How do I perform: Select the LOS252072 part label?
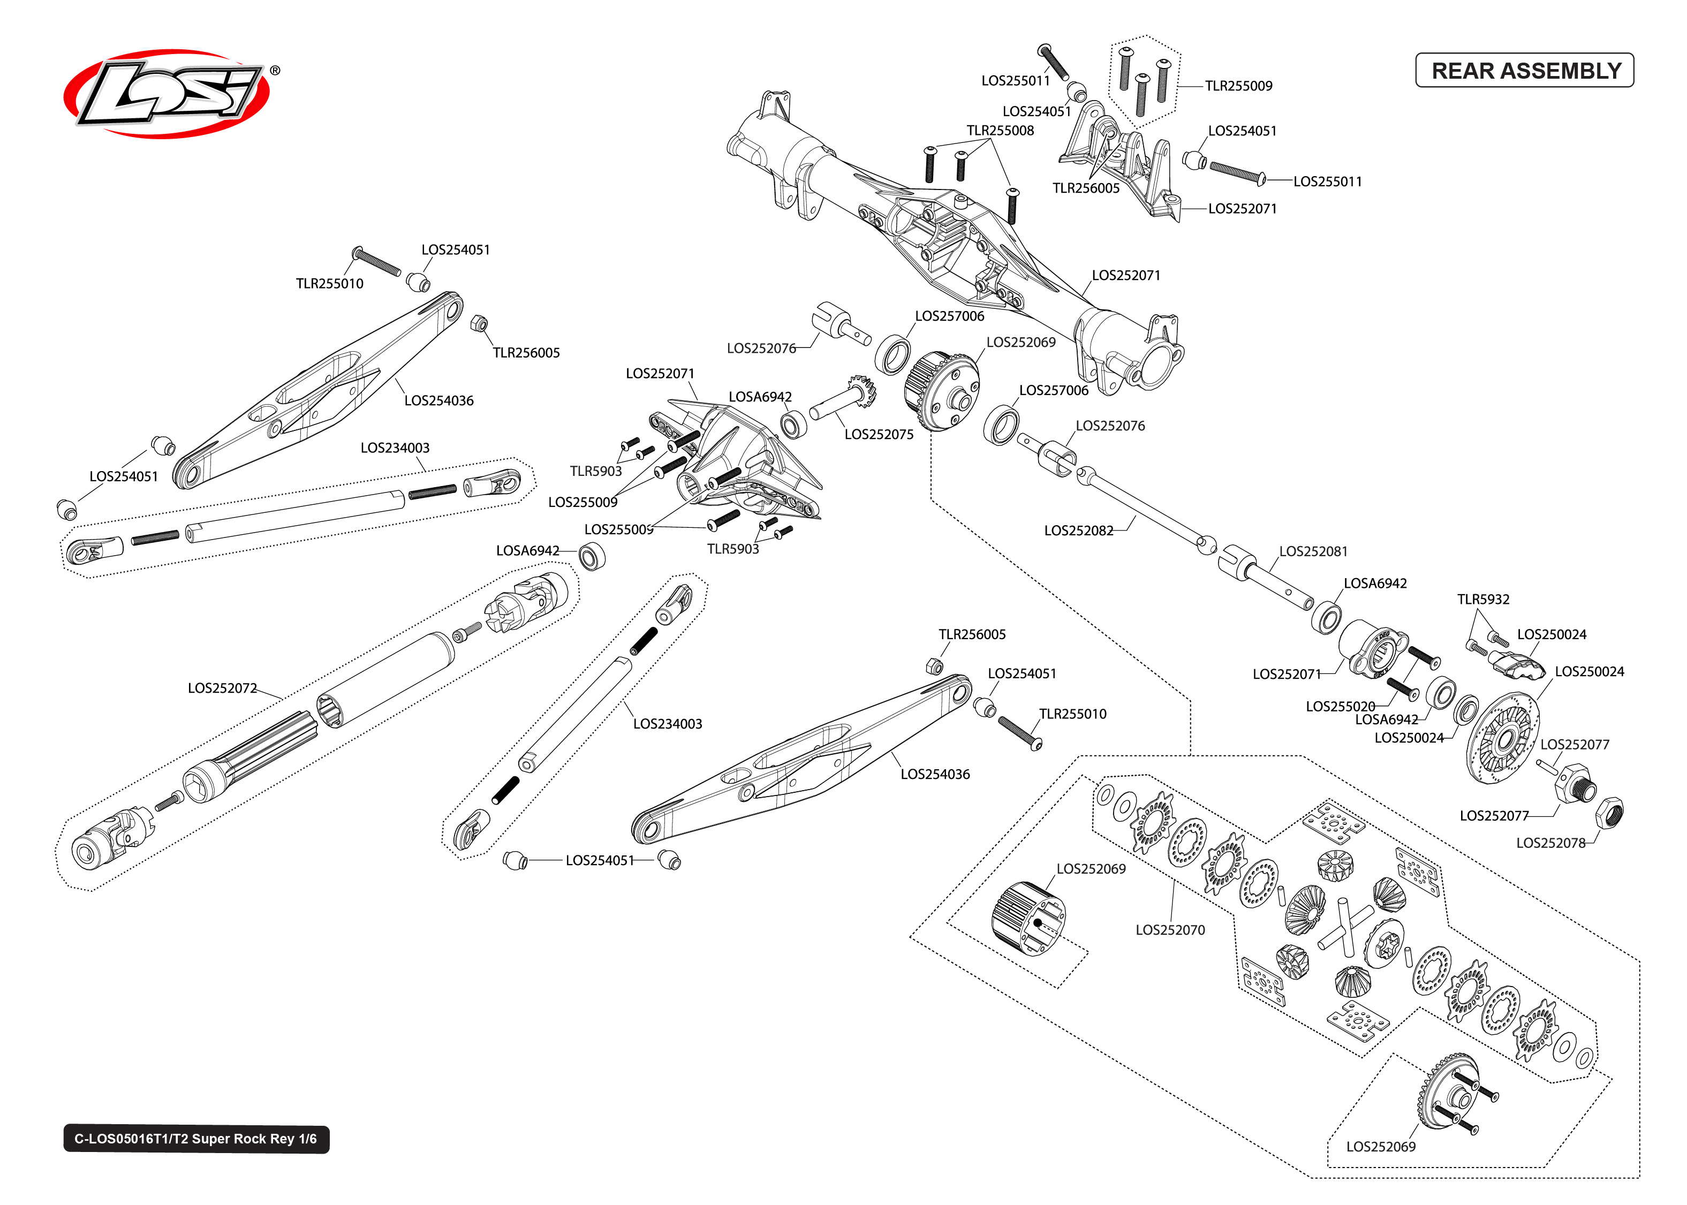(x=222, y=688)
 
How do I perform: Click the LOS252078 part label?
(x=1550, y=843)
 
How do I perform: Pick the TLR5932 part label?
(x=1482, y=599)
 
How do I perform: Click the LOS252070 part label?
(x=1169, y=930)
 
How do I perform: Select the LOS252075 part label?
(x=879, y=434)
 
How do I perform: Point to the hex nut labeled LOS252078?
(x=1609, y=813)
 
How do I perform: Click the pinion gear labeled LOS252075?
(x=860, y=390)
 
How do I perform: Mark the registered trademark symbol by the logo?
(x=275, y=71)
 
